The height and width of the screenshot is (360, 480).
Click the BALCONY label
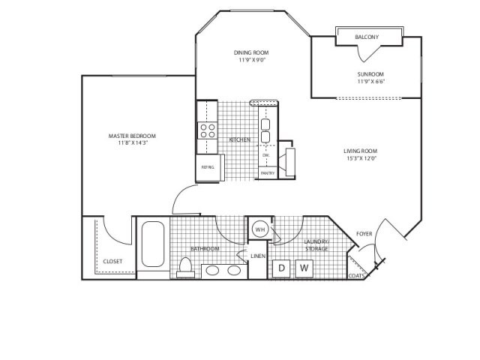pos(367,37)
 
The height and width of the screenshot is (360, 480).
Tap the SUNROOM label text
pos(370,74)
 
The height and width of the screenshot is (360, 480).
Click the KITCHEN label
pos(239,140)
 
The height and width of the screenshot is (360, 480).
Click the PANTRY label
pos(268,173)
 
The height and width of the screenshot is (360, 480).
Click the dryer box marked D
pos(281,268)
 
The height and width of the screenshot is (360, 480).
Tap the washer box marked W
pos(304,268)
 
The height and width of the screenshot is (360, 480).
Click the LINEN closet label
pos(258,256)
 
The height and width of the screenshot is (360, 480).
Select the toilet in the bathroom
pos(185,267)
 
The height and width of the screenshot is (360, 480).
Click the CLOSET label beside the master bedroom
pos(112,261)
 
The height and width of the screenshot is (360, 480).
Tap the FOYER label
pos(364,234)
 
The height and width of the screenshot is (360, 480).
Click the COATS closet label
pos(357,275)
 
